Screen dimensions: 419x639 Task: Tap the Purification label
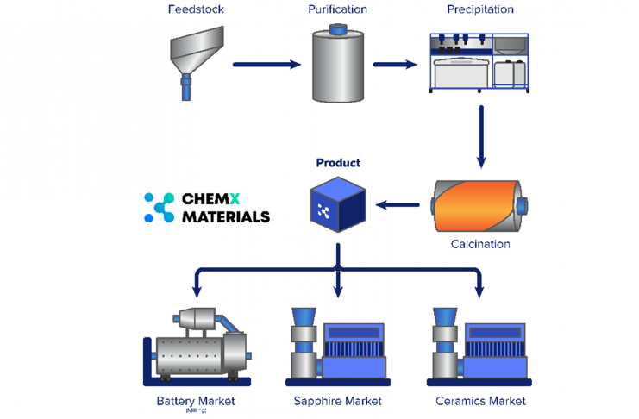(337, 9)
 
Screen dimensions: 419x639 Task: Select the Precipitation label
(479, 9)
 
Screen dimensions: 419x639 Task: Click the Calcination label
(480, 244)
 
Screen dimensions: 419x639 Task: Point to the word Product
(338, 162)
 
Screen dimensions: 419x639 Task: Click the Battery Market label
(196, 401)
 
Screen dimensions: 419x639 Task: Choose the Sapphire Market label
(337, 401)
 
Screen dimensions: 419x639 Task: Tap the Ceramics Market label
(480, 401)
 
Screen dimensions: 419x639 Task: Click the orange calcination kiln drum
(476, 205)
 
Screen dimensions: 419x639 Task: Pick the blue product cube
(338, 204)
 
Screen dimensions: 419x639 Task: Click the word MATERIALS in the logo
(225, 217)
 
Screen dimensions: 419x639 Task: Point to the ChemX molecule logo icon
(159, 208)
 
